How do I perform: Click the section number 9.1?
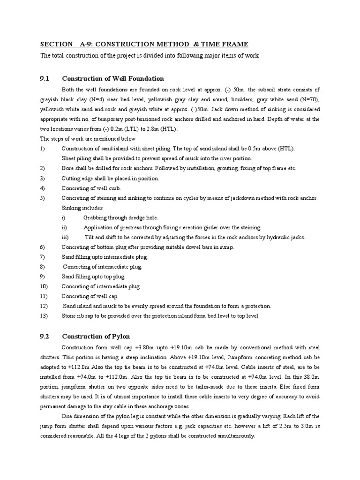coord(45,78)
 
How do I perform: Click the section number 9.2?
coord(45,336)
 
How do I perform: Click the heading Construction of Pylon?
coord(96,336)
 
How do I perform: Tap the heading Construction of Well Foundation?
coord(113,78)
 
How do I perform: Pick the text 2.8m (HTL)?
coord(160,129)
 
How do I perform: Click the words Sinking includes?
coord(82,208)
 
